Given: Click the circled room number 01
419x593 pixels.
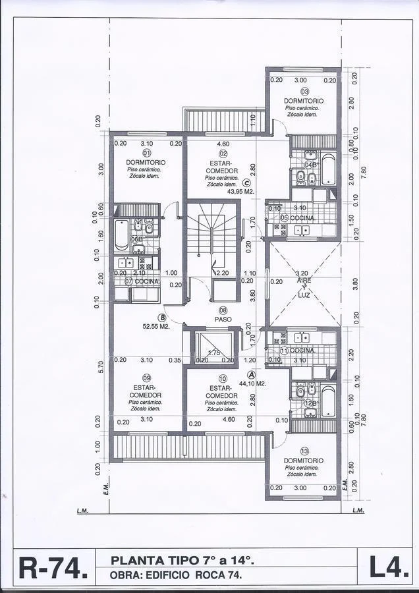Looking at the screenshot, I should (x=146, y=153).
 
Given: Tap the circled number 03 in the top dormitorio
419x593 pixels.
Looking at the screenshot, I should (x=304, y=92).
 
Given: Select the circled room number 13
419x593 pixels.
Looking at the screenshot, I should (x=304, y=451).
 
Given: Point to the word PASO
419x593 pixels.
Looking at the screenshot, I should (x=223, y=320).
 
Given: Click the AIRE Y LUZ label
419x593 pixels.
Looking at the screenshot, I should (x=304, y=287).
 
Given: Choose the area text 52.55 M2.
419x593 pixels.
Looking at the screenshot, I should (x=156, y=325).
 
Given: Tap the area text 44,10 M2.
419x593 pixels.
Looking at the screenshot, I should (x=252, y=383).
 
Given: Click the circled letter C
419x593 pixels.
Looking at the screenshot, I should (x=246, y=184).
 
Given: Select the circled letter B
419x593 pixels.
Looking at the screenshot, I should (x=153, y=317).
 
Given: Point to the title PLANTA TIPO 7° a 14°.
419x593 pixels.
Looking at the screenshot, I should (x=182, y=561).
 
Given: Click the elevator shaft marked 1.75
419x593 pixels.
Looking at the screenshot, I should (x=213, y=347).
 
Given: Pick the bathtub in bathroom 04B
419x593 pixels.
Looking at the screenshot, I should (x=327, y=169).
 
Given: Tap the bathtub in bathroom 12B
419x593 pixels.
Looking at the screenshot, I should (x=327, y=401).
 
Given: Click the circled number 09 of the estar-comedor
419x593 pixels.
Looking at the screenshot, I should (x=146, y=378).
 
